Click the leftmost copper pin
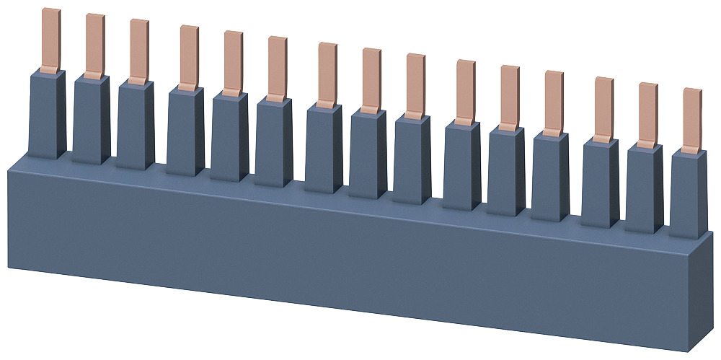tap(50, 40)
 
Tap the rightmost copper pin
tap(691, 120)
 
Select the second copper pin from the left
tap(94, 45)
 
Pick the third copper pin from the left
tap(138, 51)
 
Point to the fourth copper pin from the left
tap(189, 57)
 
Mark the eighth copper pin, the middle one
tap(371, 79)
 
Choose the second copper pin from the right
tap(647, 114)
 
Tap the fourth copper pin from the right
tap(553, 102)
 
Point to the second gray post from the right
tap(644, 189)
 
